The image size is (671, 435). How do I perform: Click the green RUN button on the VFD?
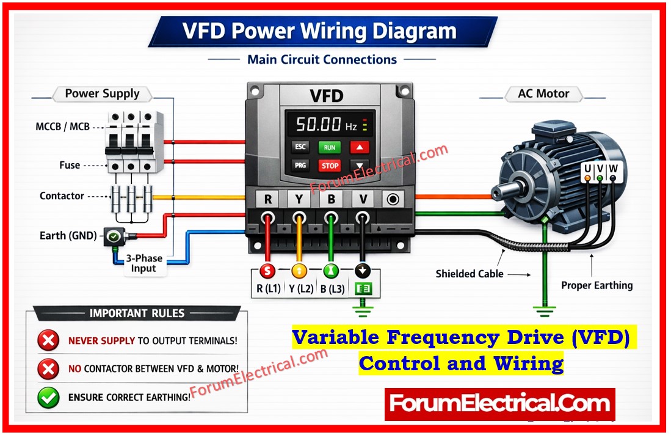tap(330, 147)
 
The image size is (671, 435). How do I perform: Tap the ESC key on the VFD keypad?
tap(300, 147)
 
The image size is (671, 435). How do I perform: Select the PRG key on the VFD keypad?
tap(300, 165)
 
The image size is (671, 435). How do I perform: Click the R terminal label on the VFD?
tap(267, 199)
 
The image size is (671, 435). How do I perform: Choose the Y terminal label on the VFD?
tap(299, 199)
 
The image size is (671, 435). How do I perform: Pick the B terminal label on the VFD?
tap(331, 199)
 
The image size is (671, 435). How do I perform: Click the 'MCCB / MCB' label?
tap(62, 127)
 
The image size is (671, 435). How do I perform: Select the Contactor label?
tap(62, 196)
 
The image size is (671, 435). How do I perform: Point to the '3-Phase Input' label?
tap(144, 263)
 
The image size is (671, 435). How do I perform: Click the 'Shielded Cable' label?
tap(470, 274)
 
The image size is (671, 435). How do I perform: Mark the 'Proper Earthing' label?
tap(597, 285)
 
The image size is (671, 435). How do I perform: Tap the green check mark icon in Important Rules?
tap(48, 397)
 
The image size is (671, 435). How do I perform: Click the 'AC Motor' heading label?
tap(543, 94)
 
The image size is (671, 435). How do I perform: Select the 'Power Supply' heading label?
tap(102, 94)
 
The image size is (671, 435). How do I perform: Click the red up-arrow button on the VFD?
tap(360, 147)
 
